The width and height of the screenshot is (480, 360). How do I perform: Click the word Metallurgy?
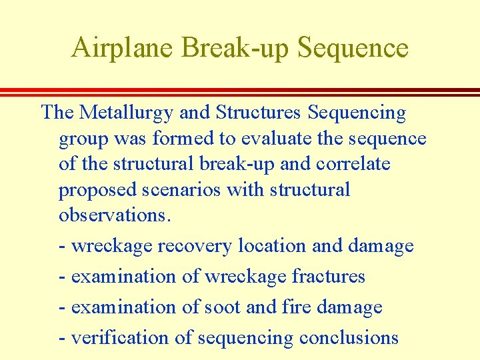pyautogui.click(x=126, y=113)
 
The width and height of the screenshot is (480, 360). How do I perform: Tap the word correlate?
pyautogui.click(x=352, y=163)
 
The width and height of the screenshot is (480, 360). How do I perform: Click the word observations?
pyautogui.click(x=115, y=215)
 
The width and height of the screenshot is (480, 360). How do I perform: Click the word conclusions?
pyautogui.click(x=349, y=337)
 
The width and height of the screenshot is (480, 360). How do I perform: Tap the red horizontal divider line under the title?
pyautogui.click(x=240, y=91)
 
